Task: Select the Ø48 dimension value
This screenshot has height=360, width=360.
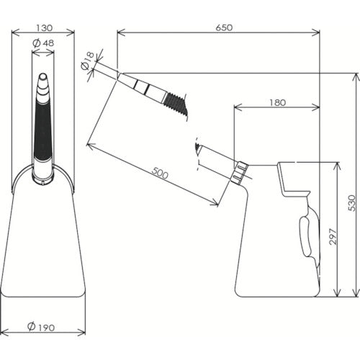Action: click(48, 43)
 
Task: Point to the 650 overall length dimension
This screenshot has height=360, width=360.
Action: click(223, 27)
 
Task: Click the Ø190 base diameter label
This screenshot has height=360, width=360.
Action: click(43, 328)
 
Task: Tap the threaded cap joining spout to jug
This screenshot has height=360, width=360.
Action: click(240, 171)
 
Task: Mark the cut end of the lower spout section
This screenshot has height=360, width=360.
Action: click(196, 150)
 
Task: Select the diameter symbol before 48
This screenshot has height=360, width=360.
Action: click(37, 43)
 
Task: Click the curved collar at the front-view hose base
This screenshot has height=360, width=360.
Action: click(43, 171)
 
